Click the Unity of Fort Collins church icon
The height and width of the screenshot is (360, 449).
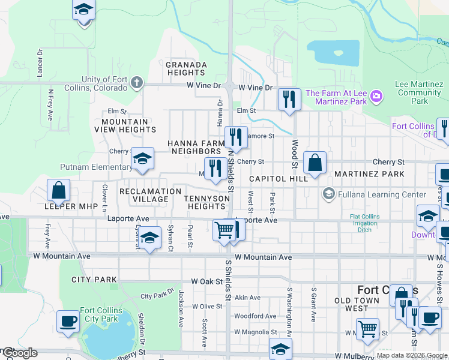click(137, 82)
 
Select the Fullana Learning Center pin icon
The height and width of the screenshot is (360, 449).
click(328, 194)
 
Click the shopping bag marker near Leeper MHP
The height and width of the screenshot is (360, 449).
click(58, 191)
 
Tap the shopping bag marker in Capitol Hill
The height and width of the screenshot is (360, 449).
click(315, 163)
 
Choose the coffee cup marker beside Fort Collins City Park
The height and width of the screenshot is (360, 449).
click(68, 321)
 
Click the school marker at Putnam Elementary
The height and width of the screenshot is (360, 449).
click(142, 159)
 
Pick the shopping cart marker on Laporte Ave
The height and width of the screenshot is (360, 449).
click(224, 229)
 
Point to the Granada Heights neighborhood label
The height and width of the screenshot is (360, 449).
click(186, 68)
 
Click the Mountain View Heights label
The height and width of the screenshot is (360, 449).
click(125, 125)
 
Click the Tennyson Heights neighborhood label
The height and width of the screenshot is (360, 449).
click(206, 202)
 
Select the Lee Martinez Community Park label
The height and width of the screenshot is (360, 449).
click(419, 93)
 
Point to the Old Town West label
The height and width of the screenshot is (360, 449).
click(357, 304)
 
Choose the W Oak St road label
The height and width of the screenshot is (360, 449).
click(207, 281)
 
